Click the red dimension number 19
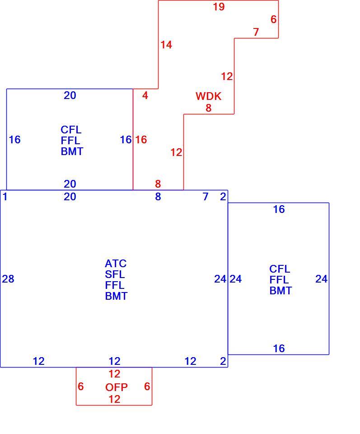[x=219, y=7]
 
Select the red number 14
[x=166, y=45]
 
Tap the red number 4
[x=145, y=95]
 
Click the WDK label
[x=209, y=96]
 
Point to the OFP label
[x=117, y=387]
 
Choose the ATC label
[x=116, y=264]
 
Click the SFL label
[x=115, y=274]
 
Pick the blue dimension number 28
[x=8, y=279]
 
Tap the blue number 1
[x=5, y=197]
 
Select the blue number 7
[x=206, y=197]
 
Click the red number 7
[x=256, y=32]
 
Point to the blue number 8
[x=158, y=197]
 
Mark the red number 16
[x=141, y=140]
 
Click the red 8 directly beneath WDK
[x=209, y=108]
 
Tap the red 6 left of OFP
[x=81, y=387]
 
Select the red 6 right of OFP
[x=147, y=387]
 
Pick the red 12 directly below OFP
[x=114, y=399]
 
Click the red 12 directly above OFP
[x=114, y=374]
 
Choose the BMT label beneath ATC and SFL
[x=116, y=296]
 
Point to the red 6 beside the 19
[x=273, y=19]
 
